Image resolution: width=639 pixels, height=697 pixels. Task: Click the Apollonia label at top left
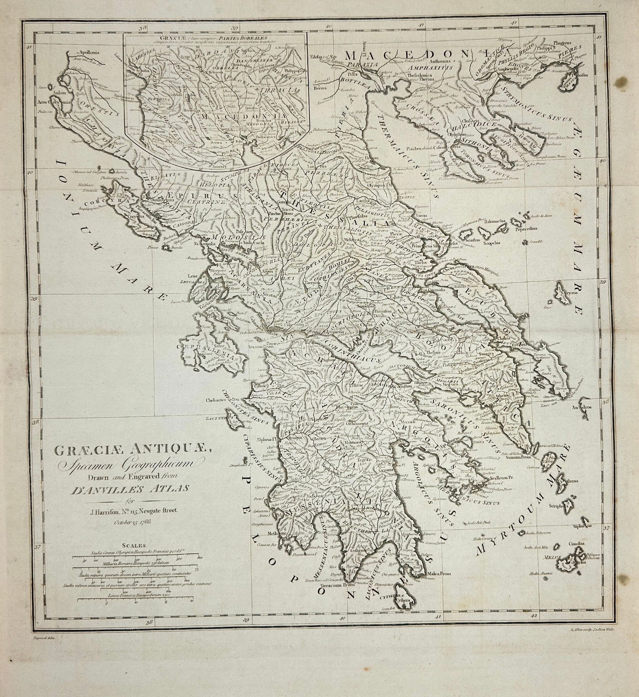(x=90, y=52)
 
